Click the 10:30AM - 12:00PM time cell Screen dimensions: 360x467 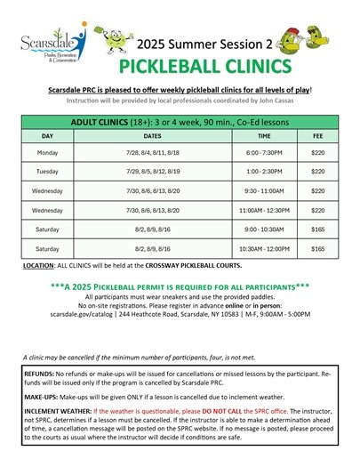coord(264,249)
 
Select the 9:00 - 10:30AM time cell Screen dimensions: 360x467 coord(264,229)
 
